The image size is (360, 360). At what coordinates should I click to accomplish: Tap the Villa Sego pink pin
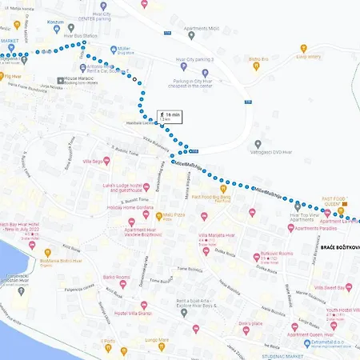[x=86, y=163]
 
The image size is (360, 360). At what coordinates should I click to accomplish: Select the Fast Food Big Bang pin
[x=223, y=188]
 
